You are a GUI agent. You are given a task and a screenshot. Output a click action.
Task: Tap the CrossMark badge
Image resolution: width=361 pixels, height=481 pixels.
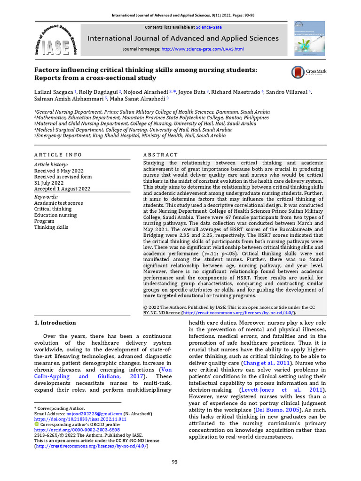309,72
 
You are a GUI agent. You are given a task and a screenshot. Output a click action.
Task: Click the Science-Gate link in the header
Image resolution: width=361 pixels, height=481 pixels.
209,27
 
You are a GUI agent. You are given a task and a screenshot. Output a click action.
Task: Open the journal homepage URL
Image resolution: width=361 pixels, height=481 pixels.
202,49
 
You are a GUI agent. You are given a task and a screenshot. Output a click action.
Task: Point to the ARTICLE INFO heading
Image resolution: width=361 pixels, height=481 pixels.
58,155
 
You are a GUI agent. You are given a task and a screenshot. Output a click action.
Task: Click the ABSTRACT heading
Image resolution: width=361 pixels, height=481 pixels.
160,155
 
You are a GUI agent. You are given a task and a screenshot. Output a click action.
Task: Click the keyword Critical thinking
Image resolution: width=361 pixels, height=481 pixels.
53,209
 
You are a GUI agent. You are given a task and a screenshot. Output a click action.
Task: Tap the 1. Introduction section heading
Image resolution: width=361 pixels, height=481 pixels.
55,323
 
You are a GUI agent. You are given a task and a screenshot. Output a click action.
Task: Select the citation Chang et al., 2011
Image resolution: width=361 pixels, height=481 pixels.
264,363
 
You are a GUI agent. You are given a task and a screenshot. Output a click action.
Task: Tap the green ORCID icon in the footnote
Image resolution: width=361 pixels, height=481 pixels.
37,424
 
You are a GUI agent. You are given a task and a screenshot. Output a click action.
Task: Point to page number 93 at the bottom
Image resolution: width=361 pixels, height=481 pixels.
174,462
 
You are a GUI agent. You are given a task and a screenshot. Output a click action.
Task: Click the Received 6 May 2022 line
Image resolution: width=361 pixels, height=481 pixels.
59,171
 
